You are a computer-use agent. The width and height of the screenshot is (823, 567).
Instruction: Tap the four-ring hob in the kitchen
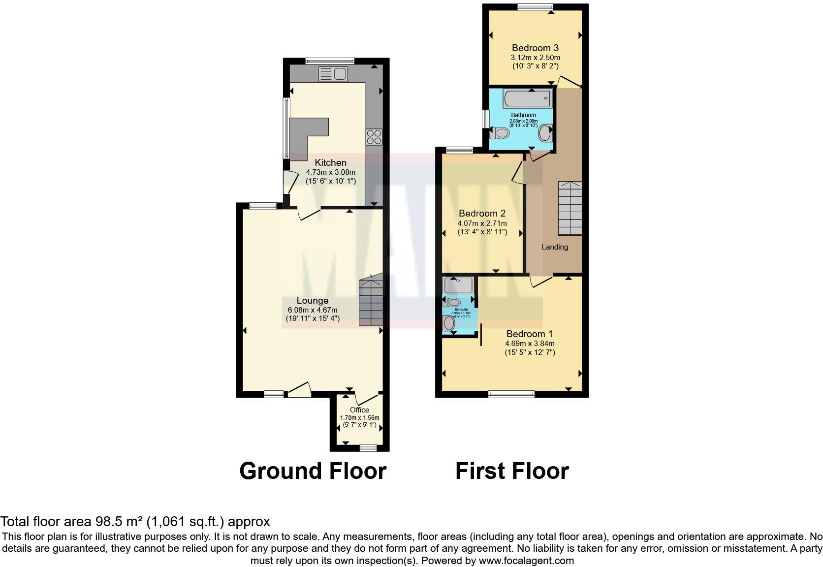point(374,136)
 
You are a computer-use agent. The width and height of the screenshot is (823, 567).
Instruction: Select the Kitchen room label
point(330,163)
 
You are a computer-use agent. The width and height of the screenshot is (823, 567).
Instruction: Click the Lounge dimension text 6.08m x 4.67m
point(313,310)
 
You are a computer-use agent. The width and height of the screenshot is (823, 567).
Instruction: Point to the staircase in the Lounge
point(371,301)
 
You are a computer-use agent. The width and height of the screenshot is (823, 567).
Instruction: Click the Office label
point(359,410)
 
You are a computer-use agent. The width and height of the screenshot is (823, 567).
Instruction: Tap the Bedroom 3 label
point(535,48)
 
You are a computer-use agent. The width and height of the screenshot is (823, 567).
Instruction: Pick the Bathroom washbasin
point(546,133)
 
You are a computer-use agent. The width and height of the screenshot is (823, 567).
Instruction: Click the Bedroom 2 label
point(482,214)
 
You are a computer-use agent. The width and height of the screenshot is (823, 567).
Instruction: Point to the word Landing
point(555,247)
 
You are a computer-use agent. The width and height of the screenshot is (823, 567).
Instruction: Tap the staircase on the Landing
point(570,208)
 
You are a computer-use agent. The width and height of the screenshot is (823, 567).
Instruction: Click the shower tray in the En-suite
point(458,285)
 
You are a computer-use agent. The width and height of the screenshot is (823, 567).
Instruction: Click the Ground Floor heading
point(313,471)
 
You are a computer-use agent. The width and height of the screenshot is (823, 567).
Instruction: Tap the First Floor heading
point(512,471)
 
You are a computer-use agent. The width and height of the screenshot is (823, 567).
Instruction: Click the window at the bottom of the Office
point(368,447)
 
